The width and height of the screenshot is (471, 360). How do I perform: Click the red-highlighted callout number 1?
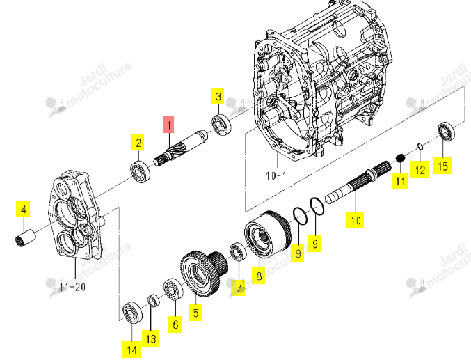(169, 125)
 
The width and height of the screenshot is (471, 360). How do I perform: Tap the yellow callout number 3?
(218, 96)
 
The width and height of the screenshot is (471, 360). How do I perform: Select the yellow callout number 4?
(24, 209)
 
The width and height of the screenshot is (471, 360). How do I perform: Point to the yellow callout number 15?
(442, 166)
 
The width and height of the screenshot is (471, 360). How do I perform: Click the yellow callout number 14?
(132, 350)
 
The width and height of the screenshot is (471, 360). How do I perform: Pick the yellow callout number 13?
(151, 338)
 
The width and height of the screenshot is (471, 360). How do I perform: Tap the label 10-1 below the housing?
(276, 175)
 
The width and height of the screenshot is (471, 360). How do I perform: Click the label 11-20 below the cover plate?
(72, 287)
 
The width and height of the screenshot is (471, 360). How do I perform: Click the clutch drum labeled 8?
(267, 234)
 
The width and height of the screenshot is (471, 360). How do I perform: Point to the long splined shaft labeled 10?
(358, 182)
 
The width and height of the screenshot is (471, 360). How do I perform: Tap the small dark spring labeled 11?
(400, 157)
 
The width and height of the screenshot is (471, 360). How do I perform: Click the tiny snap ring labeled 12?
(420, 147)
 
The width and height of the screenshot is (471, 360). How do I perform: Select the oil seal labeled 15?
(446, 131)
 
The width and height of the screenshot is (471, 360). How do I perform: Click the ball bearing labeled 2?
(141, 172)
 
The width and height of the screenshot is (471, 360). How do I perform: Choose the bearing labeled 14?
(132, 312)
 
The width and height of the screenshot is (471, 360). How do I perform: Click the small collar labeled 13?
(154, 301)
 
